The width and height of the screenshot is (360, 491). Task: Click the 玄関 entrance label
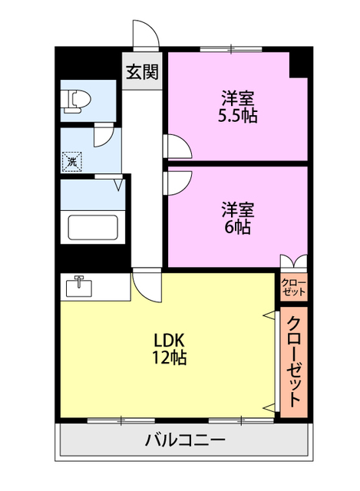pyautogui.click(x=142, y=72)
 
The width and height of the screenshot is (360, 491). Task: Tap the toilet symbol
pyautogui.click(x=77, y=101)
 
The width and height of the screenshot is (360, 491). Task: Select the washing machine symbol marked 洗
pyautogui.click(x=72, y=162)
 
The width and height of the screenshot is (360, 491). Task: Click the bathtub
pyautogui.click(x=93, y=227)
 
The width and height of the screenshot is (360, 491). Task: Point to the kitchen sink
pyautogui.click(x=79, y=286)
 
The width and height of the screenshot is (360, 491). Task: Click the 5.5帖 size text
pyautogui.click(x=238, y=116)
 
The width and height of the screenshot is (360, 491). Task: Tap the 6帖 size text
pyautogui.click(x=238, y=227)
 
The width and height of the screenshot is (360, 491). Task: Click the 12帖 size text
pyautogui.click(x=170, y=358)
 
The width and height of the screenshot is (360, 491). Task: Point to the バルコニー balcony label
pyautogui.click(x=185, y=440)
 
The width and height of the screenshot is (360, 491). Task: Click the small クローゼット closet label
pyautogui.click(x=294, y=287)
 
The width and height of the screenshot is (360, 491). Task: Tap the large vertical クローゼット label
pyautogui.click(x=294, y=361)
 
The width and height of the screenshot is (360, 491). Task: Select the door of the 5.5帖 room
pyautogui.click(x=177, y=147)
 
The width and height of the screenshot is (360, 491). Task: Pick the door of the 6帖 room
pyautogui.click(x=177, y=183)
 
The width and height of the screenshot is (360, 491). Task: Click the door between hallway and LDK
pyautogui.click(x=147, y=285)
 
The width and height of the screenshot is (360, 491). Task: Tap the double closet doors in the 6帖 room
pyautogui.click(x=293, y=261)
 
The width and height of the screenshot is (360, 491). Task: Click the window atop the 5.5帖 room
pyautogui.click(x=231, y=48)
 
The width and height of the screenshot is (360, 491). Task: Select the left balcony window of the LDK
pyautogui.click(x=121, y=420)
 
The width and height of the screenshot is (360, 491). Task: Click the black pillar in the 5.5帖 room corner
pyautogui.click(x=298, y=64)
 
